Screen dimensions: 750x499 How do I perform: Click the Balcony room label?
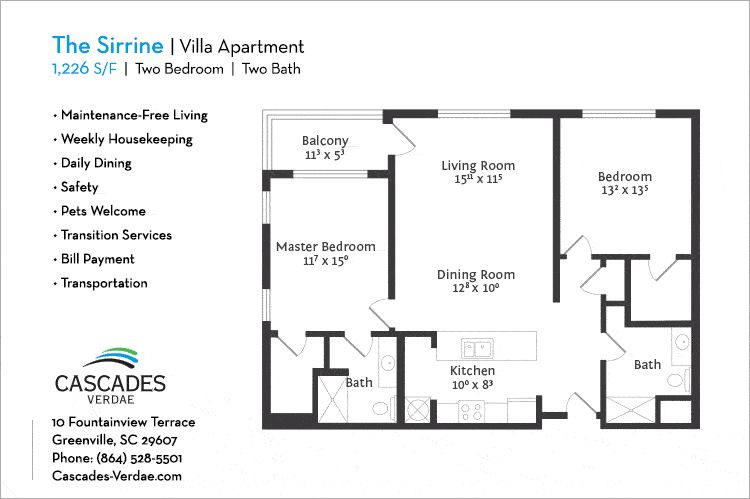(x=325, y=141)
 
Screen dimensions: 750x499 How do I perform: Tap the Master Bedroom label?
(x=326, y=246)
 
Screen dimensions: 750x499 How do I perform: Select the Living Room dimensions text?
(x=478, y=178)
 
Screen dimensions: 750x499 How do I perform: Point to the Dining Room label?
(x=476, y=274)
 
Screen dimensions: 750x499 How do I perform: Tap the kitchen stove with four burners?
(x=471, y=411)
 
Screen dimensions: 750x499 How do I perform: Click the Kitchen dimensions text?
(x=473, y=385)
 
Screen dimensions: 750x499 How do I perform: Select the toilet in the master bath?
(x=381, y=409)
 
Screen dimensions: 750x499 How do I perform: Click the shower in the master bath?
(x=332, y=399)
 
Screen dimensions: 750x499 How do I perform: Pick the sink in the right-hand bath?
(x=682, y=343)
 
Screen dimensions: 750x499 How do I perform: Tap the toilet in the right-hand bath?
(x=676, y=380)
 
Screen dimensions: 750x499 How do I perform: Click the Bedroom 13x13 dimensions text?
(x=625, y=190)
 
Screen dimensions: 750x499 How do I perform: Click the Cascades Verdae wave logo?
(x=111, y=358)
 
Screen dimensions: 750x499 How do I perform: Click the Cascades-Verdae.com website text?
(x=117, y=476)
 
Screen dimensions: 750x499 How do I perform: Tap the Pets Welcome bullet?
(x=100, y=211)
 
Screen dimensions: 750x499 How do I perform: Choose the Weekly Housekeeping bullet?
(x=123, y=139)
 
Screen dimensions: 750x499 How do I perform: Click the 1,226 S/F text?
(x=84, y=69)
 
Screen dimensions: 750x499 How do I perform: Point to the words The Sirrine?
(x=108, y=45)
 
